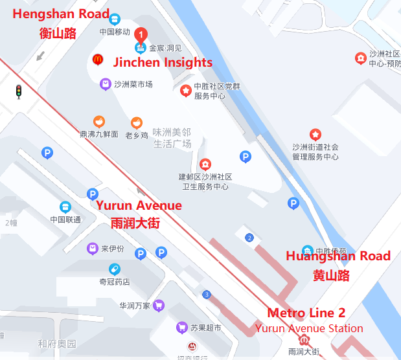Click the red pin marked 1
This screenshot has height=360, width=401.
141,34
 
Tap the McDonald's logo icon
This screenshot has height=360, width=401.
98,60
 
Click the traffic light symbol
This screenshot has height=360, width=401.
19,91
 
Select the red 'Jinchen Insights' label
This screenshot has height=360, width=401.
163,63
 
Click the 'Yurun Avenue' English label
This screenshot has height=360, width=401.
139,206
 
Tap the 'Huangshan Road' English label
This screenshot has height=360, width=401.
338,256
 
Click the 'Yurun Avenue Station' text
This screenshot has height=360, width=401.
309,328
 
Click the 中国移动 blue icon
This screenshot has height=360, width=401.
115,19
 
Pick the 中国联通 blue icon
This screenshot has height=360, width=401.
65,207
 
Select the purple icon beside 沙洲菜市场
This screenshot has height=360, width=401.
105,84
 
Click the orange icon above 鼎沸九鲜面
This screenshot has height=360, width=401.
98,121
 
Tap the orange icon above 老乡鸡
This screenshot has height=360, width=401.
137,122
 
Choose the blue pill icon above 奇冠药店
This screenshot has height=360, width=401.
114,269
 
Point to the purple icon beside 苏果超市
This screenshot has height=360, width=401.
183,328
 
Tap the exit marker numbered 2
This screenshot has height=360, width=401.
249,238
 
